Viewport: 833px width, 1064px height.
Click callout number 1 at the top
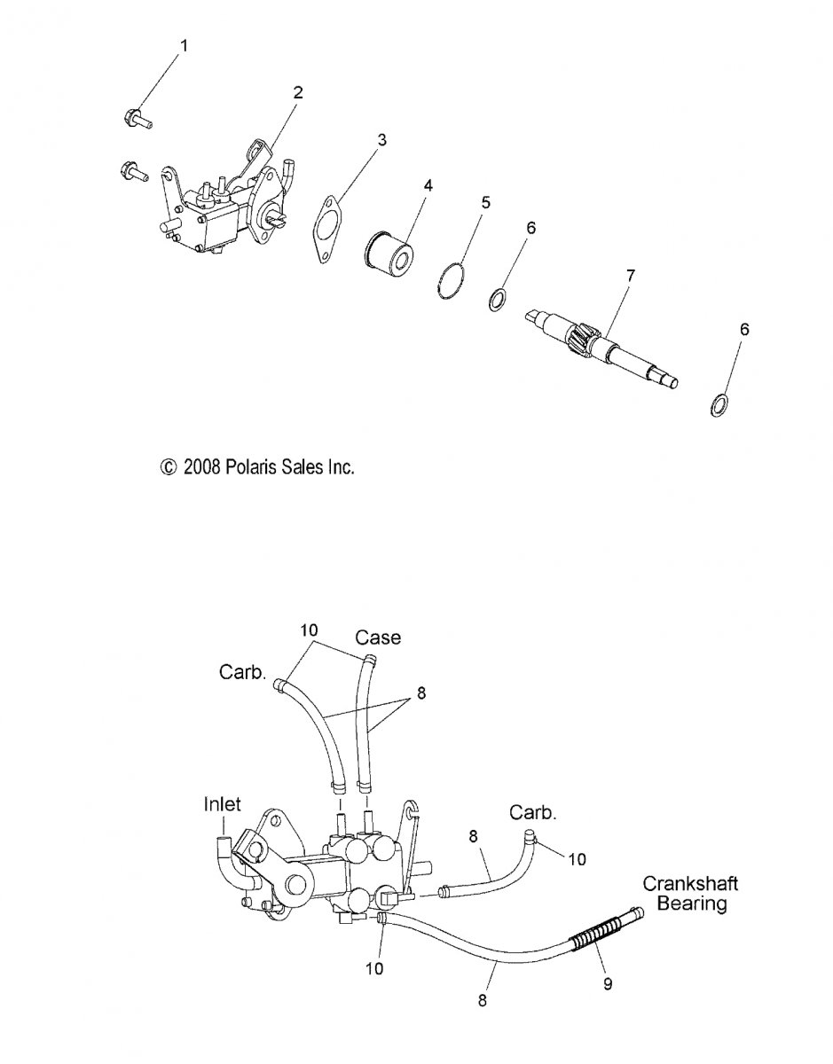pos(185,46)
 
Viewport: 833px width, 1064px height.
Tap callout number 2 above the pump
pos(298,92)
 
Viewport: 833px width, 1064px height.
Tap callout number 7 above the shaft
pos(630,276)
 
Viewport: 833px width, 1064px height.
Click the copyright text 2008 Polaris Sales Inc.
pos(256,466)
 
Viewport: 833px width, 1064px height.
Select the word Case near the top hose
pos(378,638)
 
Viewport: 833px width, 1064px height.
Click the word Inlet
pos(223,804)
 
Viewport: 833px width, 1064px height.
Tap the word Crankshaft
pos(690,884)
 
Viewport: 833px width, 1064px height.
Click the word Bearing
pos(691,904)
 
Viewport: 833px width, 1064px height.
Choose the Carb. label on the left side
pos(242,672)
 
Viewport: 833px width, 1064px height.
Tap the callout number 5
pos(485,202)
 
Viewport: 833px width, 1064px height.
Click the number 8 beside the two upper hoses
pos(420,692)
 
